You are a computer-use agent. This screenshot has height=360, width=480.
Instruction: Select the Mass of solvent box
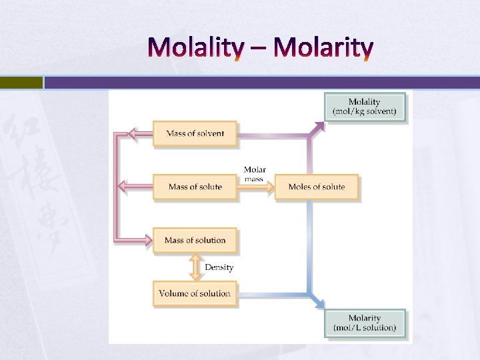pos(195,133)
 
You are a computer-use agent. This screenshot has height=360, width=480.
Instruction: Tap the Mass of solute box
pos(195,187)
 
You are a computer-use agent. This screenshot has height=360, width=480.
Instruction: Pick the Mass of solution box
pos(195,240)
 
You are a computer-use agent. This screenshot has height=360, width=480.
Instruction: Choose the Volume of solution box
pos(195,293)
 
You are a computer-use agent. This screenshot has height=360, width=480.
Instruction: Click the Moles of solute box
pos(316,187)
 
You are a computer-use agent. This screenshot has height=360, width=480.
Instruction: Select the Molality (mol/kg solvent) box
pos(364,106)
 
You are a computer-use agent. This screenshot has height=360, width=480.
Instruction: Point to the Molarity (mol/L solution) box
pos(364,323)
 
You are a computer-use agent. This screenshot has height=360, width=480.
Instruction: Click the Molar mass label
pos(255,174)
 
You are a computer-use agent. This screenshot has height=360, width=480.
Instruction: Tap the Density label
pos(219,267)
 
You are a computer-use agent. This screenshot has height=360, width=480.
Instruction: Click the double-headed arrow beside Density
pos(195,267)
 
